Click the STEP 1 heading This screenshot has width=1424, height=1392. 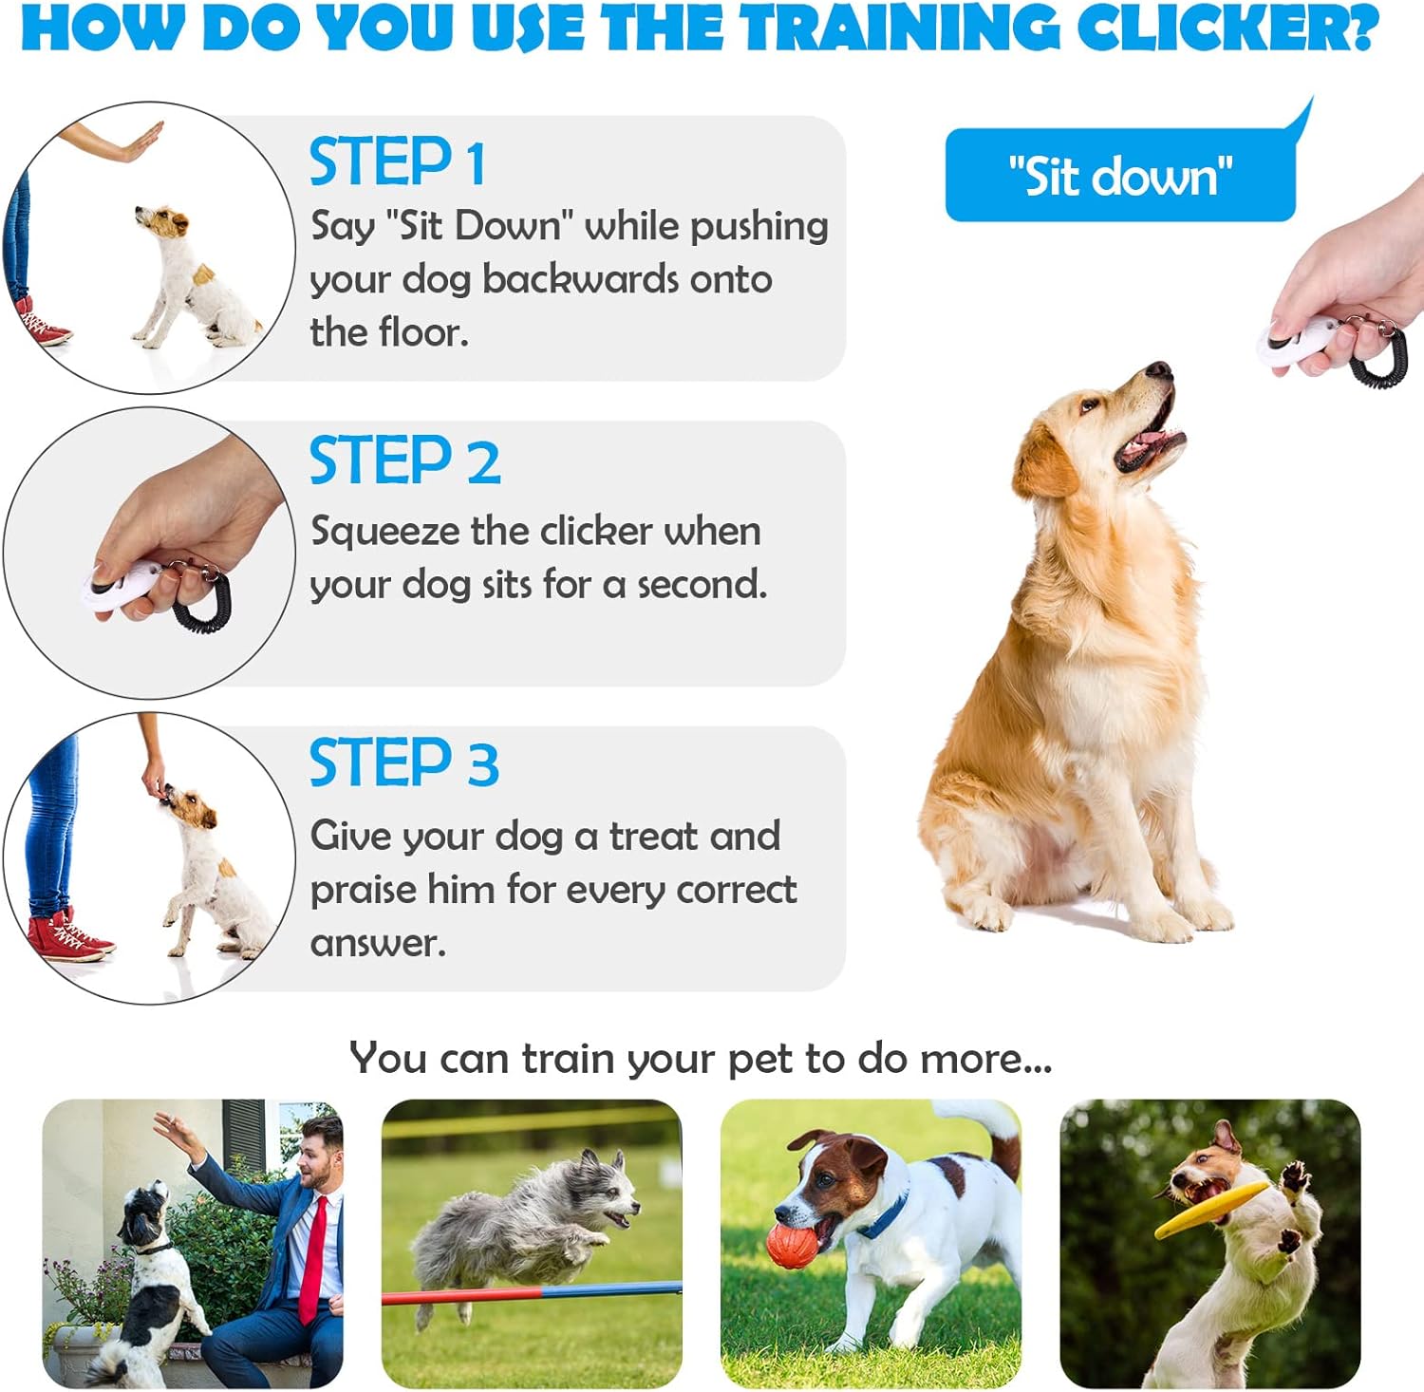click(398, 161)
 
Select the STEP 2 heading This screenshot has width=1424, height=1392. click(405, 461)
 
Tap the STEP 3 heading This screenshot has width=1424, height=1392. click(404, 762)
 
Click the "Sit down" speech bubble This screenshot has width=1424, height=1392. click(1121, 176)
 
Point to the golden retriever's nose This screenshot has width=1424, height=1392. click(1159, 368)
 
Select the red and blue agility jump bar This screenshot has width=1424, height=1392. click(532, 1292)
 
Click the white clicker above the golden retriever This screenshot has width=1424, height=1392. click(1299, 339)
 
